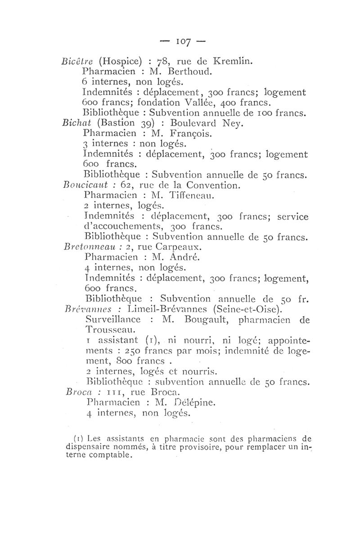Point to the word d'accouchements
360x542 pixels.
tap(118, 226)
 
